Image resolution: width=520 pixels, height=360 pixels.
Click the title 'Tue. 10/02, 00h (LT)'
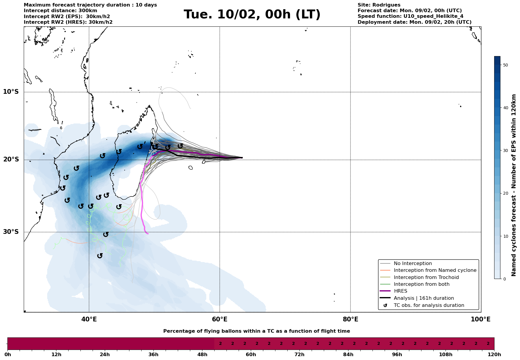pos(252,15)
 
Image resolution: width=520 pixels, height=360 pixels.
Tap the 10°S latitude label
pos(11,92)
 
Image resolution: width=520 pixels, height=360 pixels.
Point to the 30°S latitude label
pos(11,232)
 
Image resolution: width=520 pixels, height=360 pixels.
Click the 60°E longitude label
pos(220,320)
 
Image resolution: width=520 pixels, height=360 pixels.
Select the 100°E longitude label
pos(481,320)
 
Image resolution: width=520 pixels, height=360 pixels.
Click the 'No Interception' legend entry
pos(413,264)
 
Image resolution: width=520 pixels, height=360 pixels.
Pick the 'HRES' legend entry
pos(400,291)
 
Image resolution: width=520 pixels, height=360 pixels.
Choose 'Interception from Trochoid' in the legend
pos(426,277)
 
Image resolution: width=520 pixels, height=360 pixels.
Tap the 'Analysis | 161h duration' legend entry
pos(424,298)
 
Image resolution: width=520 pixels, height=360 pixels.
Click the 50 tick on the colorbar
pos(506,65)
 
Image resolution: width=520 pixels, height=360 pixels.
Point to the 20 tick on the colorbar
pos(506,193)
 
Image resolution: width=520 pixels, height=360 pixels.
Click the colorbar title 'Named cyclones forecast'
pos(514,185)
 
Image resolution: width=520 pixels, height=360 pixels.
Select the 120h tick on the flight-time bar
pos(494,355)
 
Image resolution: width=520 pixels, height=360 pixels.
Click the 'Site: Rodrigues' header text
pos(379,5)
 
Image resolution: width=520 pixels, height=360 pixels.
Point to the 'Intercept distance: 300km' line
pos(60,11)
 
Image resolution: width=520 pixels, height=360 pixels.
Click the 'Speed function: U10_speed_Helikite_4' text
pos(410,16)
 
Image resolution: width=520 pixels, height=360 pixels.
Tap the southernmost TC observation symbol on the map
pos(100,256)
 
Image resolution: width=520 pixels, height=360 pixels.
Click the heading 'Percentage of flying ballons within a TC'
pos(256,331)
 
